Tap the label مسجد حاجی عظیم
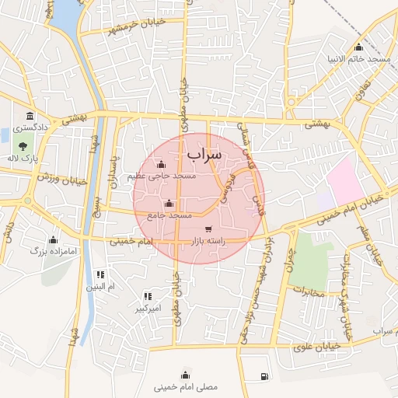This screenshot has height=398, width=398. [x=162, y=176]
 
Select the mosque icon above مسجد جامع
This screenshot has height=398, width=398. [x=169, y=204]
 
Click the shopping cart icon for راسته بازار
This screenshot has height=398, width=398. [x=208, y=229]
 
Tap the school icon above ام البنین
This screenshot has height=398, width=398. [x=100, y=274]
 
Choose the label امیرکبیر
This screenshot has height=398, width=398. [x=148, y=309]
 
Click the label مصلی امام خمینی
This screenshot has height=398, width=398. [x=186, y=386]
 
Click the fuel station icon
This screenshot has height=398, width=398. [x=265, y=377]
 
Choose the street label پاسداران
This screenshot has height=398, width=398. [x=113, y=168]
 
